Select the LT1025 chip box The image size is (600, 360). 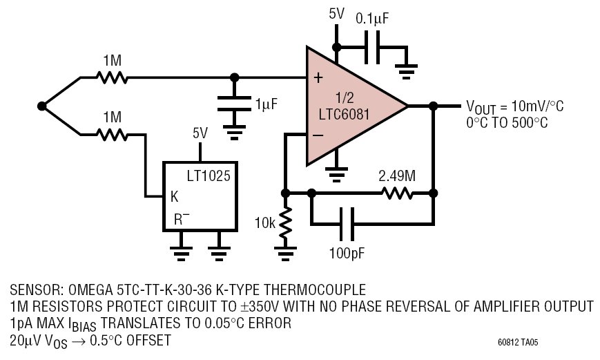[200, 196]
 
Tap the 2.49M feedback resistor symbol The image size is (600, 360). [398, 193]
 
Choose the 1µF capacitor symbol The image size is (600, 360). [234, 104]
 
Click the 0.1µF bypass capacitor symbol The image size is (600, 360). [372, 48]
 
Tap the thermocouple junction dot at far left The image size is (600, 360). [42, 106]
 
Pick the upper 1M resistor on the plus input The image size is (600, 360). [112, 78]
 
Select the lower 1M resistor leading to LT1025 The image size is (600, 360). [112, 135]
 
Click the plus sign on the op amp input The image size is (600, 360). [318, 78]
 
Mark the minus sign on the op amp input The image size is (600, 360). [318, 135]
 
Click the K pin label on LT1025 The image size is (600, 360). [174, 196]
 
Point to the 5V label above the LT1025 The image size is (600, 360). [200, 133]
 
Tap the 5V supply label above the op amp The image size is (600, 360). [336, 15]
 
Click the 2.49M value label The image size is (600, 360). [397, 176]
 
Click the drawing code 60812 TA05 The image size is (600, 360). [518, 342]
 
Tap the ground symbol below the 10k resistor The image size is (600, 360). [285, 253]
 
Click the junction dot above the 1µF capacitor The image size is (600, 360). [234, 78]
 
